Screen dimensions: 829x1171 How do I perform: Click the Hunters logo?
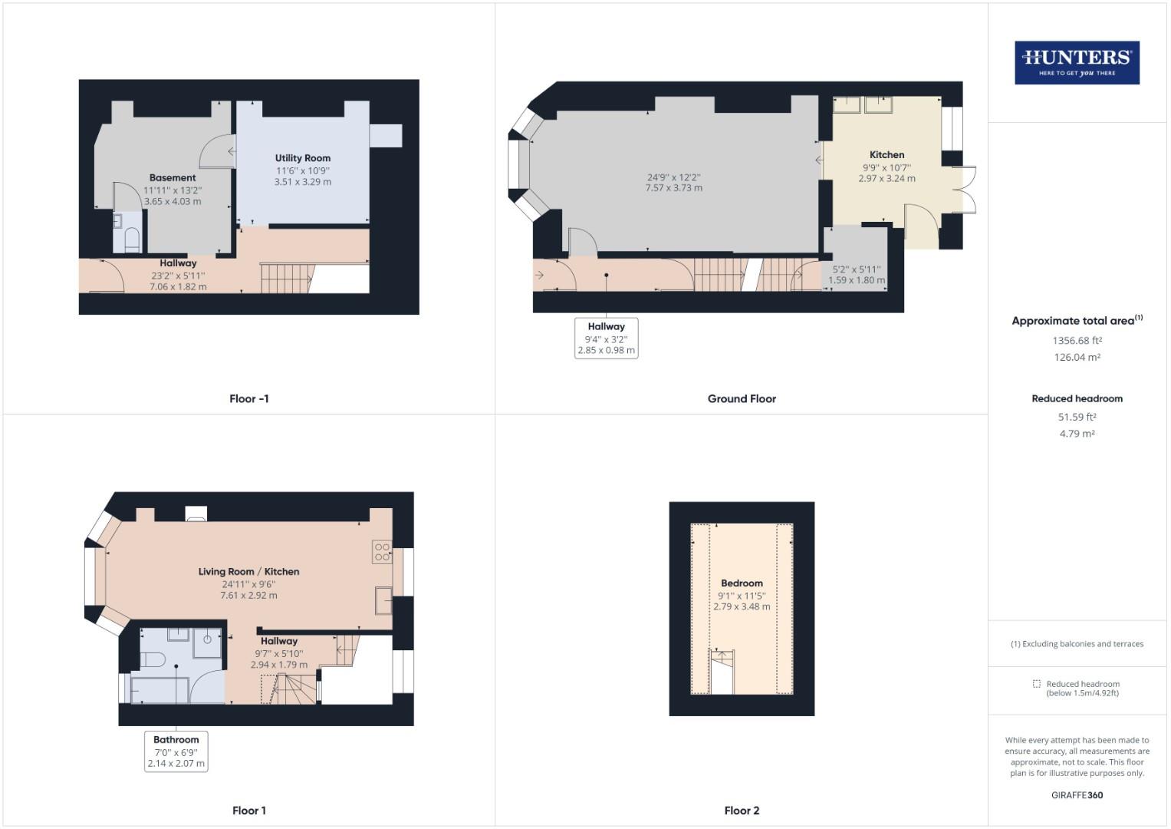click(1077, 62)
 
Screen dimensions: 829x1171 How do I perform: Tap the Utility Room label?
click(303, 158)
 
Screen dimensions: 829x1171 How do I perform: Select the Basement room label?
click(173, 177)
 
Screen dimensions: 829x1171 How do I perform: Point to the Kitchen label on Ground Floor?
click(886, 154)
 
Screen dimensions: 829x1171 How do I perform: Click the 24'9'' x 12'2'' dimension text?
click(673, 177)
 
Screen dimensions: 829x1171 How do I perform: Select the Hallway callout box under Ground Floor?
click(606, 338)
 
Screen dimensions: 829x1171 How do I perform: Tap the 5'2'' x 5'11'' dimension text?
click(857, 269)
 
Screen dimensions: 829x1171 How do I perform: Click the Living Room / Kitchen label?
click(248, 571)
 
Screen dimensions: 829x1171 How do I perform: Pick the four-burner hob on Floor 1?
click(382, 552)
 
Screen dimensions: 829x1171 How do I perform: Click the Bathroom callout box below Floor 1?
click(176, 751)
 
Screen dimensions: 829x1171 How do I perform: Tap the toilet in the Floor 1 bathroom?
click(151, 659)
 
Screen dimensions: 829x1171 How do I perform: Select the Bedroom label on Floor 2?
click(742, 583)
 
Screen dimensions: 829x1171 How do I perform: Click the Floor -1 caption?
click(248, 398)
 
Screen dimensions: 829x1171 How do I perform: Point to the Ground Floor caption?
click(742, 398)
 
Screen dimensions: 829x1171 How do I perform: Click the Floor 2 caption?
click(742, 811)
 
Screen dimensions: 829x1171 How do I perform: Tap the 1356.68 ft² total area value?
click(1077, 340)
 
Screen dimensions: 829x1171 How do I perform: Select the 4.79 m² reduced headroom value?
click(1077, 434)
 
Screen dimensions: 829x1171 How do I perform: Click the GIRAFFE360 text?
click(1077, 795)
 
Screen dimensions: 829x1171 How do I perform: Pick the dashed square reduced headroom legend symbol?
click(1036, 684)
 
